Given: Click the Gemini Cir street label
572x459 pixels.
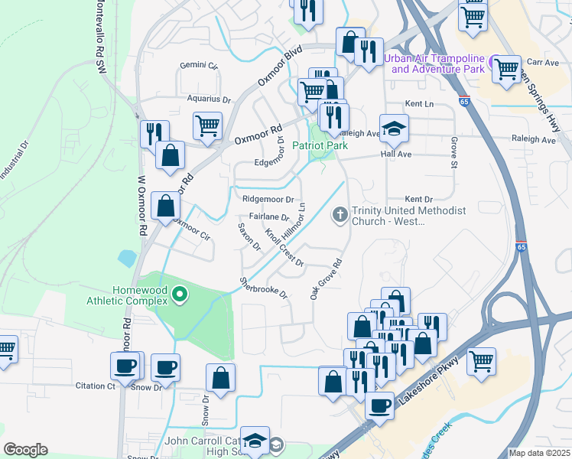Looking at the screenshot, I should click(x=199, y=66).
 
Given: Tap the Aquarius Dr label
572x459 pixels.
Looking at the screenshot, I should click(x=209, y=99).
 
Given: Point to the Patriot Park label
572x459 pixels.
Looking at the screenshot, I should click(x=320, y=145).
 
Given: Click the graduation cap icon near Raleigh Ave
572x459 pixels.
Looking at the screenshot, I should click(x=394, y=129).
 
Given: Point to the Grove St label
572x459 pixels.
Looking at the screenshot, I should click(x=454, y=149).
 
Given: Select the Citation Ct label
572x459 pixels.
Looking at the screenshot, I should click(x=95, y=386).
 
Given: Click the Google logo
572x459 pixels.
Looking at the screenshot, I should click(x=25, y=450).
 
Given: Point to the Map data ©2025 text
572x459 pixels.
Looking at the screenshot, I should click(x=538, y=453).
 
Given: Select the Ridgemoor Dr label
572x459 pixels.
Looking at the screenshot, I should click(x=268, y=199).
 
